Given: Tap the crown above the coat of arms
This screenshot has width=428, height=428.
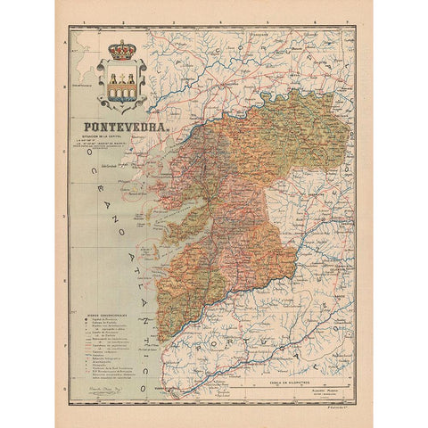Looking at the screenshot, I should (119, 49).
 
